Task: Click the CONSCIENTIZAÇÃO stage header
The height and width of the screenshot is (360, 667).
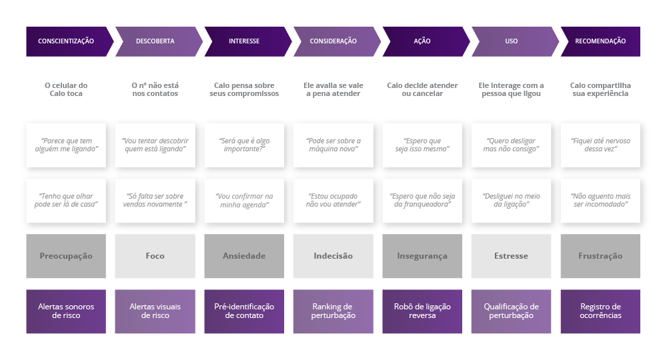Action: (x=66, y=41)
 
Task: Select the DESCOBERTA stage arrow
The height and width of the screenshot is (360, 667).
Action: (x=155, y=41)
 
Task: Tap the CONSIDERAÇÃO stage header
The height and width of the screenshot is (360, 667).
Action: (x=333, y=41)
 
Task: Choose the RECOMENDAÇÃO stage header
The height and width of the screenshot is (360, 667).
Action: (x=600, y=41)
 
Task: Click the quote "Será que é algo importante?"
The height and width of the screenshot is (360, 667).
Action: (x=244, y=145)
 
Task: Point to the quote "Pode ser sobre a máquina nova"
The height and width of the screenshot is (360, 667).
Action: (x=333, y=145)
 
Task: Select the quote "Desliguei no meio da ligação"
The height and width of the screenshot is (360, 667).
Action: (x=511, y=201)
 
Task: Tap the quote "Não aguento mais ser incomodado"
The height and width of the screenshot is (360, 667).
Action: (x=600, y=201)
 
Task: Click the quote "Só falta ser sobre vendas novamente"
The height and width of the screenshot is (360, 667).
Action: (x=155, y=201)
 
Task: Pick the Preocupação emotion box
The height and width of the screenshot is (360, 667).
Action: (x=66, y=256)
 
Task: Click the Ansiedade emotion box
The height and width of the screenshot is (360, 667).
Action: (x=244, y=256)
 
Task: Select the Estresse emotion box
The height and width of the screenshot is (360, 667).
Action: (x=511, y=256)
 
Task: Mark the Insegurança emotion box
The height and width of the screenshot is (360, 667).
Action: (x=422, y=256)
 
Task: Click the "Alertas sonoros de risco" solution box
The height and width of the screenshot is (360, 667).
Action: (x=66, y=311)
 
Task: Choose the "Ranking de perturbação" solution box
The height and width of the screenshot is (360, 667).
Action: (x=333, y=311)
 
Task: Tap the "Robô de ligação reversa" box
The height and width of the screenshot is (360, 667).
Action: (x=422, y=311)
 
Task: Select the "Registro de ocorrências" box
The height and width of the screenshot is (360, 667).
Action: (x=600, y=311)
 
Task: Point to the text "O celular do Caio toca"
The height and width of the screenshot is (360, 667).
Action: (x=66, y=89)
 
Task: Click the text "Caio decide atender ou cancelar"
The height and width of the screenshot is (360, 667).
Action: (x=422, y=89)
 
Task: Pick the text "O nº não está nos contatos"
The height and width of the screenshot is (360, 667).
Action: (x=155, y=89)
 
